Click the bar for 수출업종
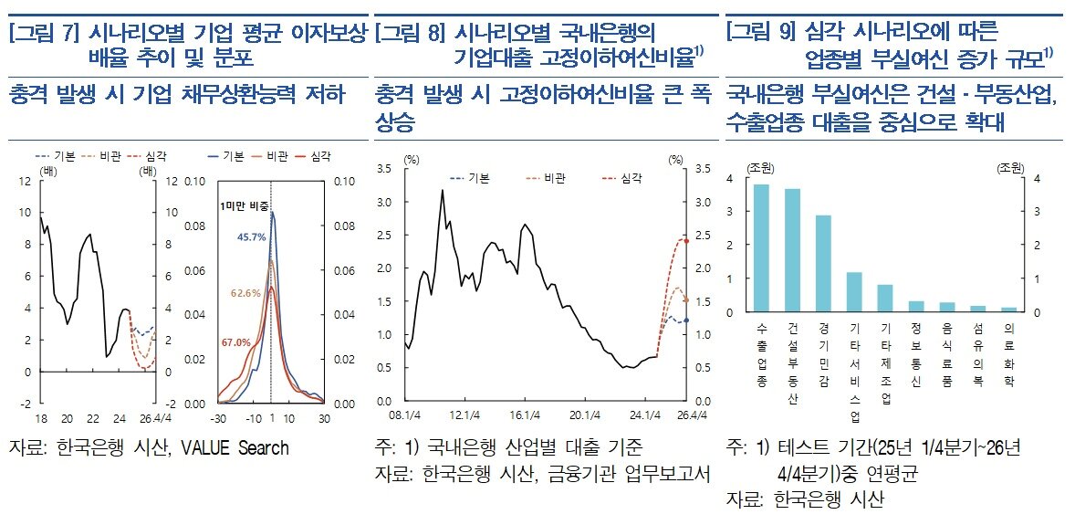(x=761, y=248)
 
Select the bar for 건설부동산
(x=792, y=251)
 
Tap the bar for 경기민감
(x=823, y=265)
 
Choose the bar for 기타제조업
(x=884, y=299)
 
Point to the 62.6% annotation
(x=245, y=293)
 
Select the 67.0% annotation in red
(x=235, y=342)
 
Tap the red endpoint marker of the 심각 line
(x=686, y=241)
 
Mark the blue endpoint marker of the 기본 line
(x=686, y=320)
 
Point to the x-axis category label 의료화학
(x=1007, y=351)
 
